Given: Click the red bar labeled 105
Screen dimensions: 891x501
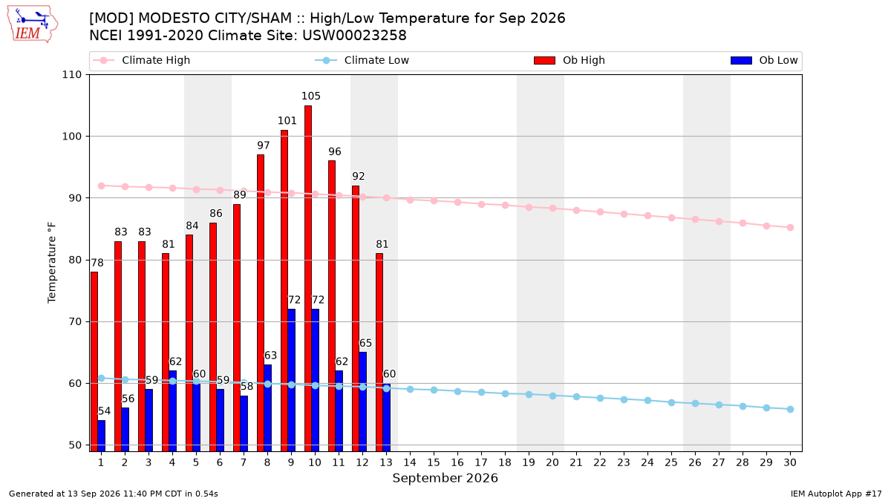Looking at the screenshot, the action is pyautogui.click(x=308, y=278).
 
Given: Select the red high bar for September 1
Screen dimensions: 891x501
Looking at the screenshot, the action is pyautogui.click(x=94, y=361).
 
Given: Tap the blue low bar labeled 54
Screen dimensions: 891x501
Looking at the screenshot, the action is pyautogui.click(x=102, y=436).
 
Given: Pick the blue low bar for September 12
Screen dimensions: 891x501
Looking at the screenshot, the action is pyautogui.click(x=363, y=402).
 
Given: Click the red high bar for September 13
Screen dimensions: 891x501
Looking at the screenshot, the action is pyautogui.click(x=379, y=353).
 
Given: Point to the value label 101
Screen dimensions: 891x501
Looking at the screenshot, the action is pyautogui.click(x=287, y=120).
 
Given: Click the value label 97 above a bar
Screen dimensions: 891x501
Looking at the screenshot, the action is pyautogui.click(x=264, y=145).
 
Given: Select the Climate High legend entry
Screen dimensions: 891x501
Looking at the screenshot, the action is pyautogui.click(x=141, y=60).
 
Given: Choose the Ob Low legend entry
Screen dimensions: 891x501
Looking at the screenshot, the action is pyautogui.click(x=764, y=60).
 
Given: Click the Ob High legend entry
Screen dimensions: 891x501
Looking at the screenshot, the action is pyautogui.click(x=569, y=60).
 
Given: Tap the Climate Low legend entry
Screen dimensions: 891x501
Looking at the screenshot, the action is pyautogui.click(x=362, y=60).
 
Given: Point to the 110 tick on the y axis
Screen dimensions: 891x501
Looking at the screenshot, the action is pyautogui.click(x=71, y=75).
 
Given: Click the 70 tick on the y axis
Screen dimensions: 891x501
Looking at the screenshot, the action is pyautogui.click(x=75, y=321).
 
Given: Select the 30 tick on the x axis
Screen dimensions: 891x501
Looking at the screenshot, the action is pyautogui.click(x=790, y=462).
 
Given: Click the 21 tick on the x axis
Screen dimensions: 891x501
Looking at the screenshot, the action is pyautogui.click(x=576, y=462).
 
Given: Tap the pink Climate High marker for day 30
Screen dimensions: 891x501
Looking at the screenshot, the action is pyautogui.click(x=790, y=227).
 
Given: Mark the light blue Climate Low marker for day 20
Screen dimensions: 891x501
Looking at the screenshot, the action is pyautogui.click(x=552, y=396).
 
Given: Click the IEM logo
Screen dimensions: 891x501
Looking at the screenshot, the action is pyautogui.click(x=32, y=24).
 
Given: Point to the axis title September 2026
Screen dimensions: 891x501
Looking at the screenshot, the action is pyautogui.click(x=445, y=478).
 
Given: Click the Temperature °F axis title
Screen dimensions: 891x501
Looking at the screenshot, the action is pyautogui.click(x=52, y=263).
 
